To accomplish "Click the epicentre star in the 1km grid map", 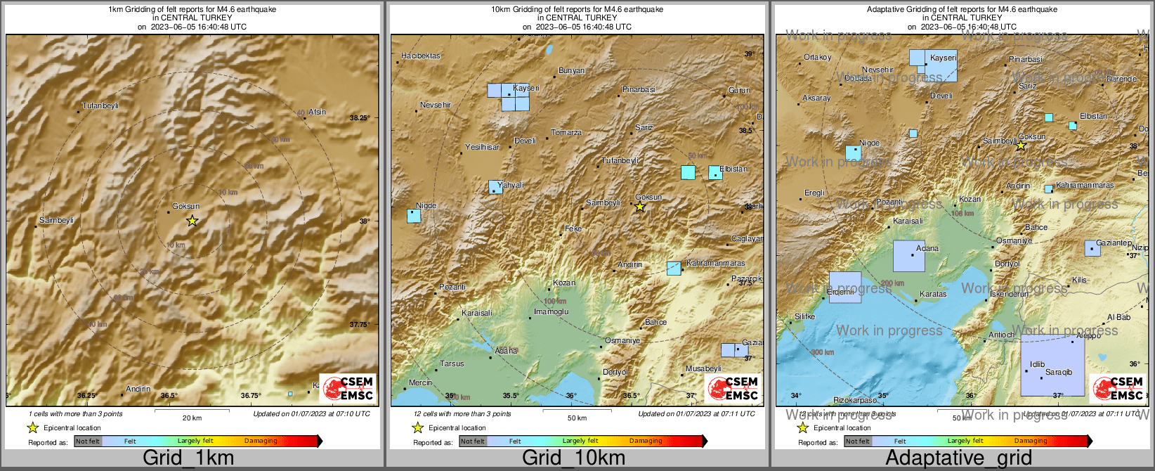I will [192, 221].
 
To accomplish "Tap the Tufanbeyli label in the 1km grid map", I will [100, 106].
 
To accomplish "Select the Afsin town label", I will [317, 112].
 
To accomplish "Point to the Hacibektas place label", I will [421, 56].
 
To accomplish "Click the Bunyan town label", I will [571, 71].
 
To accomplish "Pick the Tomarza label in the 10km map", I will [566, 133].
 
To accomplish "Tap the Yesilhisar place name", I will [482, 148].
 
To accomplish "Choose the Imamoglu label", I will [552, 312].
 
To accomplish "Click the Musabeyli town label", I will [703, 369].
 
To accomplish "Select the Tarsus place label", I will [452, 364].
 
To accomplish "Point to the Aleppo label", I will [1088, 336].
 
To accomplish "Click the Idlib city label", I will [1037, 365].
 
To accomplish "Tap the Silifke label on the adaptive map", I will [804, 317].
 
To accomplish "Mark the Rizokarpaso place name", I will [855, 401].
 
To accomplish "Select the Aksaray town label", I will [816, 98].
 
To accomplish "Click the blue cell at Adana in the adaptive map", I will [909, 257].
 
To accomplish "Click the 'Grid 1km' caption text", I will [188, 458].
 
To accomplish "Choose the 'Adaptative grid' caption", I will [958, 458].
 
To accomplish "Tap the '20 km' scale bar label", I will [192, 418].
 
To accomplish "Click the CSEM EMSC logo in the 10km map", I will [733, 389].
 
